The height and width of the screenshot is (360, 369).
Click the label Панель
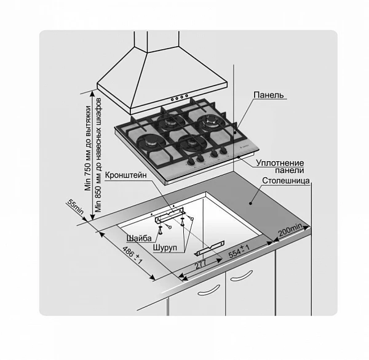269,95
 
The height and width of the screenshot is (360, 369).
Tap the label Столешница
286,180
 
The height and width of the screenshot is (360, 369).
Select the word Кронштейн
125,175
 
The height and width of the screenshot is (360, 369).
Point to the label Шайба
139,238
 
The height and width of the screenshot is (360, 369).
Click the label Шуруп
165,247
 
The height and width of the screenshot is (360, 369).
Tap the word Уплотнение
280,163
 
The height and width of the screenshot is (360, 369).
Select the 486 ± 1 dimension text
132,255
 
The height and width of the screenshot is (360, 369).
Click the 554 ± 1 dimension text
239,251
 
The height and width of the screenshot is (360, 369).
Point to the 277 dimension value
200,265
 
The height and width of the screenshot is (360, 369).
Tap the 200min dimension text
290,230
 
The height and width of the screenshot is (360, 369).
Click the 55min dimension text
75,207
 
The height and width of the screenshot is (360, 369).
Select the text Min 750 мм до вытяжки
88,148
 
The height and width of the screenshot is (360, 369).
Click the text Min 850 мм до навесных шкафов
98,154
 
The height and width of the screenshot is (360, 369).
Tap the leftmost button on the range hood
172,99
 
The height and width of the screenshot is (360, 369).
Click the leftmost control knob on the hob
190,162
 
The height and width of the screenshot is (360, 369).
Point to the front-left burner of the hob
149,143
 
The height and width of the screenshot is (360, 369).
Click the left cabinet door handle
208,290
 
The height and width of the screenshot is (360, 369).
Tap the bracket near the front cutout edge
209,248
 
